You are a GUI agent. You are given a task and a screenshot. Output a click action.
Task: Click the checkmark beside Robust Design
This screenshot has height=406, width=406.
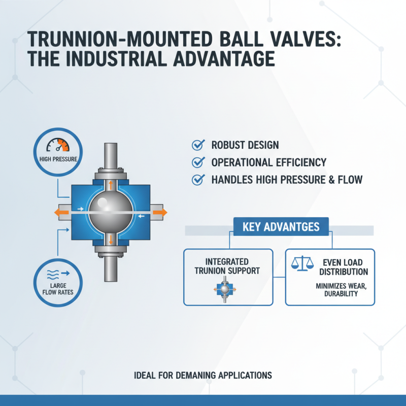point(197,145)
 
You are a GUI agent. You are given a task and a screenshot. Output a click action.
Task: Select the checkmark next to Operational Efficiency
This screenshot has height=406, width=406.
point(197,162)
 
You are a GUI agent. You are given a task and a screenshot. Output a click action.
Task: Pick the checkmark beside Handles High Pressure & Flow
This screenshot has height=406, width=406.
point(197,179)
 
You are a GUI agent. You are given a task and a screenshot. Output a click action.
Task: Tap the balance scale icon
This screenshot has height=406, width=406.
point(301,263)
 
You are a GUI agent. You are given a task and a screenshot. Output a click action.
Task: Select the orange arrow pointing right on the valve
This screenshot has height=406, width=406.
point(159,212)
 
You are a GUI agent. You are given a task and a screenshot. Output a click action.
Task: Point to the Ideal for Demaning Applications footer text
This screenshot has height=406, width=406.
point(202,376)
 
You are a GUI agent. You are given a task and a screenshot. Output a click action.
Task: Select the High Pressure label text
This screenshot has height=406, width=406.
point(58,159)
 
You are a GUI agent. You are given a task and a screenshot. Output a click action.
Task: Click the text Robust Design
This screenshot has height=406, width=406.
point(245,145)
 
